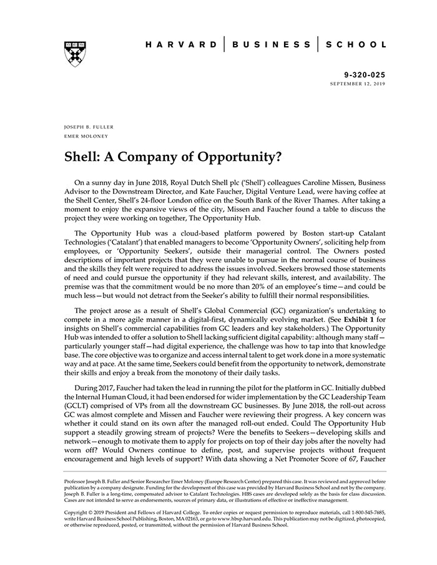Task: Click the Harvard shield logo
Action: point(74,54)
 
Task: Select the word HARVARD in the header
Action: point(181,45)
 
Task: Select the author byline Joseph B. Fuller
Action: point(89,127)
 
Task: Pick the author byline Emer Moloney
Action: point(86,136)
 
